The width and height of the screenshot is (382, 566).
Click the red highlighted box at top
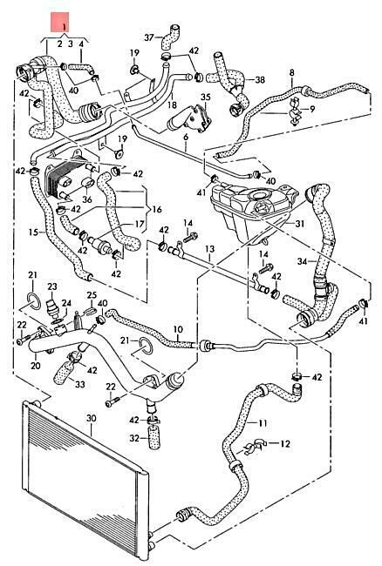coord(59,22)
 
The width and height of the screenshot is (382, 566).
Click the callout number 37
coord(149,37)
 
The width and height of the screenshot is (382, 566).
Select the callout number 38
coord(260,80)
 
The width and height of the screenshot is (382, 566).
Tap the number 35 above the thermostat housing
coord(205,98)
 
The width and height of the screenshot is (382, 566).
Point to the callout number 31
coord(300,224)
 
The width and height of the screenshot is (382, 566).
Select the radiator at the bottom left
coord(85,480)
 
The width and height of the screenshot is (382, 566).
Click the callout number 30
coord(92,418)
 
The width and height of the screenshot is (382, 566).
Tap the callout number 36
coord(87,199)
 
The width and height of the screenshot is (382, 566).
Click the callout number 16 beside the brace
coord(157,209)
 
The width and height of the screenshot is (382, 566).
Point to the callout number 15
coord(33,232)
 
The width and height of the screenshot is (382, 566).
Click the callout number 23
coord(52,286)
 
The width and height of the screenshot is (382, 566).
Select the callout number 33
coord(79,384)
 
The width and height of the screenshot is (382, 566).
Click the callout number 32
coord(134,438)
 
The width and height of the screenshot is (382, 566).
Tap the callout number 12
coord(285,443)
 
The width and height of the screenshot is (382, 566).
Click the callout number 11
coord(263,423)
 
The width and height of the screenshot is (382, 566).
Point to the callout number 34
coord(303,261)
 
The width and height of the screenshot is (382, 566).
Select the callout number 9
coord(312,108)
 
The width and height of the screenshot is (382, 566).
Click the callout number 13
coord(209,249)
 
